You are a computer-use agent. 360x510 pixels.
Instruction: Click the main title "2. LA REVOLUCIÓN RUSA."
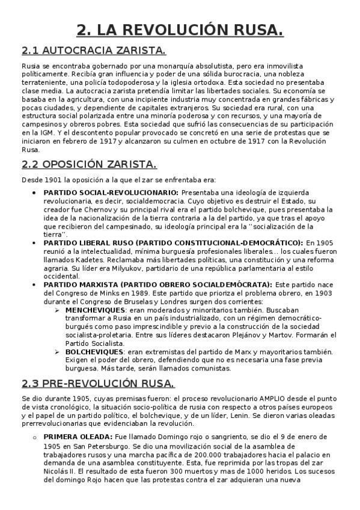[x=180, y=29]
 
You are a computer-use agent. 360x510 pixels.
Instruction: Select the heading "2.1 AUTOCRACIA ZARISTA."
[x=94, y=50]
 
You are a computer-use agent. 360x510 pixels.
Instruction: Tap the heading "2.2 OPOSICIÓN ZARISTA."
[x=89, y=164]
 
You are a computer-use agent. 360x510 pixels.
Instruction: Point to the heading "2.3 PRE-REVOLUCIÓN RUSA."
[x=98, y=383]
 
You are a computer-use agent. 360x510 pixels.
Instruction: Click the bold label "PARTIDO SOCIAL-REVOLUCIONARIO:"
[x=111, y=192]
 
